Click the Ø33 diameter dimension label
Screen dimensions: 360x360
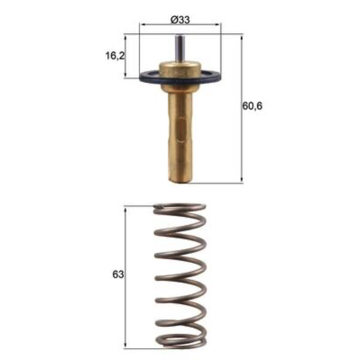[x=180, y=20]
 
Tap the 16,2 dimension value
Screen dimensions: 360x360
[x=115, y=55]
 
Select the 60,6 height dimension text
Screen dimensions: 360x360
[x=252, y=106]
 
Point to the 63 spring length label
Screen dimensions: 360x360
[x=118, y=274]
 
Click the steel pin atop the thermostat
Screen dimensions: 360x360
[x=180, y=48]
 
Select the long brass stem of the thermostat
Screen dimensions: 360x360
[x=180, y=135]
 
